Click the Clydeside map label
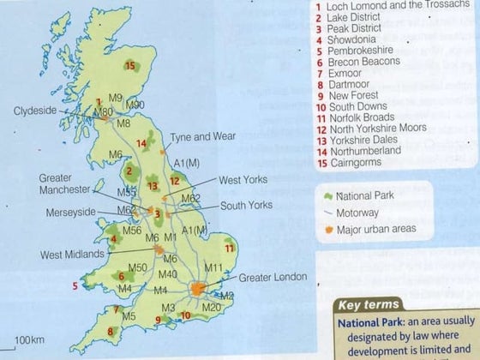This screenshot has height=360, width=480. tap(35, 111)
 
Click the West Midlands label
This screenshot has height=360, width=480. tap(72, 255)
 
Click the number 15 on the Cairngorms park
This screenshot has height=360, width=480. tap(130, 66)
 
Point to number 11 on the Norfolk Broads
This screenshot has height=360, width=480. tap(229, 248)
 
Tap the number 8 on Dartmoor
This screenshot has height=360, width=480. tap(110, 331)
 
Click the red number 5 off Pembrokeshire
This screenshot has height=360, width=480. tap(75, 286)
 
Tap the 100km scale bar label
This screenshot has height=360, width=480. tap(29, 341)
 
